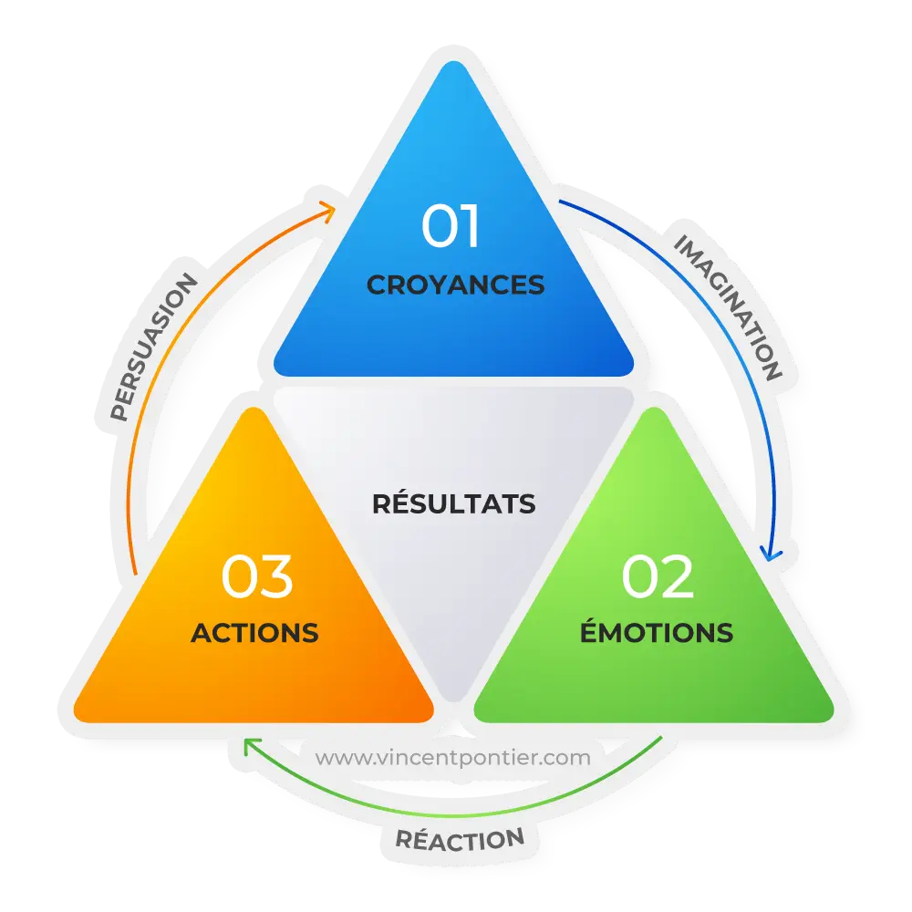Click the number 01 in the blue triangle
(451, 225)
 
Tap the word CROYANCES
(455, 285)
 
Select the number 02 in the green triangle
(658, 575)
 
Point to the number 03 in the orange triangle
(256, 575)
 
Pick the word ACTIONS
(254, 633)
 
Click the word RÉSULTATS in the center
(453, 503)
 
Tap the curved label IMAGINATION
(728, 307)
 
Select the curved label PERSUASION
(153, 347)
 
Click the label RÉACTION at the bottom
(460, 839)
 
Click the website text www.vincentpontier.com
(452, 758)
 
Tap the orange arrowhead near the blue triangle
(328, 211)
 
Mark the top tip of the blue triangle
(453, 61)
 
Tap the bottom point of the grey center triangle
(453, 700)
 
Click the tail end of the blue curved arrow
(560, 202)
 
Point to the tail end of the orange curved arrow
(135, 575)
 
